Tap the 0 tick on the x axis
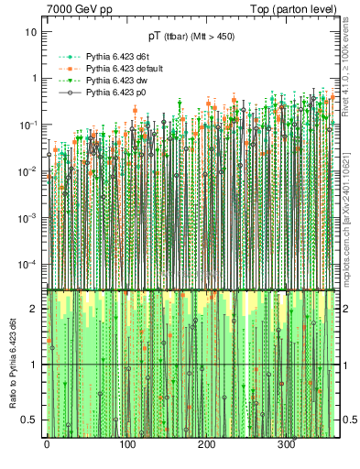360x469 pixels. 47,444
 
